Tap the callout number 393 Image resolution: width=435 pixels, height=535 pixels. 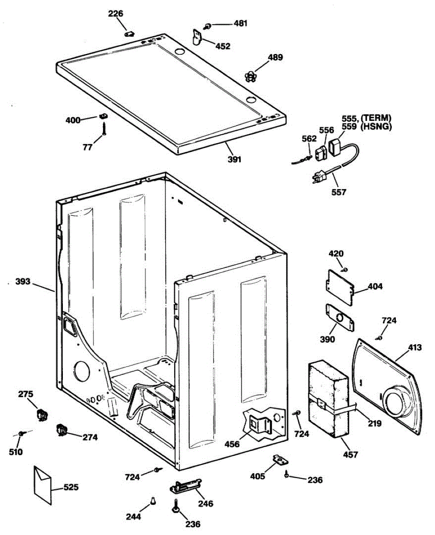[23, 282]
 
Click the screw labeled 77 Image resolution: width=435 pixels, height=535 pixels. [104, 129]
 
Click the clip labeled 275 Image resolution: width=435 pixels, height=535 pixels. [42, 414]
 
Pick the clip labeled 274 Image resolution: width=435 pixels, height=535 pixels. [62, 430]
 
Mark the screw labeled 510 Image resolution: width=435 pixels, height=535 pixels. [22, 433]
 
